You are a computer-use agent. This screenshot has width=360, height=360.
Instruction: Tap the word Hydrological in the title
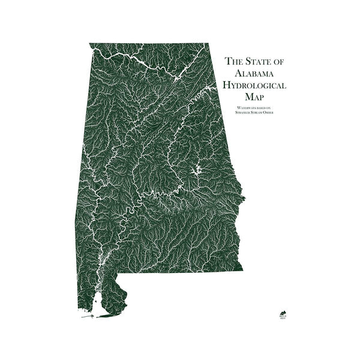(255, 85)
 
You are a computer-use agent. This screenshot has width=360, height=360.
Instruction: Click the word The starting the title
(234, 61)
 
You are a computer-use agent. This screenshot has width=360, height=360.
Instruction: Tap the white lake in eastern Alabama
(196, 172)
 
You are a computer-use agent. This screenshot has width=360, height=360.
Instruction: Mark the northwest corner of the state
(90, 44)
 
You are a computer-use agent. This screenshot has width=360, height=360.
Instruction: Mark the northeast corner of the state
(208, 44)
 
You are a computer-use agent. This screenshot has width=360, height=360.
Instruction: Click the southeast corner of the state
(242, 270)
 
